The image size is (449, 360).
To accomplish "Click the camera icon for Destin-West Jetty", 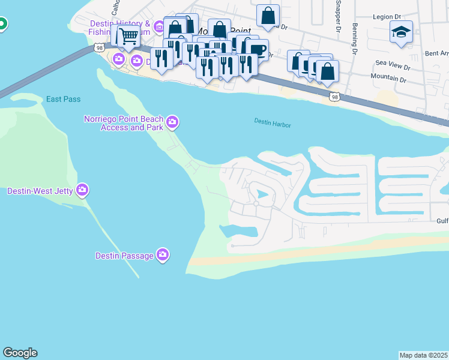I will pos(82,191).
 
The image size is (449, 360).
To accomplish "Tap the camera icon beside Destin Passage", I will pos(163,256).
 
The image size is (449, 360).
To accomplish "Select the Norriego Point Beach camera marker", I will pos(173,122).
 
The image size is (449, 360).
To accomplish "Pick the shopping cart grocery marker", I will pos(128,36).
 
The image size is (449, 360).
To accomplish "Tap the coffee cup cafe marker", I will pos(258,50).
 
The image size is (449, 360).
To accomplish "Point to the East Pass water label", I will pos(63,99).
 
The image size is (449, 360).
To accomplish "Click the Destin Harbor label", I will pos(272,123).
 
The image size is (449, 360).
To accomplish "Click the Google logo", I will pos(20,353).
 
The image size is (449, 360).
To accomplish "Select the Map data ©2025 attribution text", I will pos(424,355).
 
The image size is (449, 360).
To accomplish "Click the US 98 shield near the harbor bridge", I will pos(334,97).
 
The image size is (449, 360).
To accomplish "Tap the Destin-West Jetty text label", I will pos(40,191).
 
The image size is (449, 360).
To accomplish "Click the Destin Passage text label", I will pos(124,256).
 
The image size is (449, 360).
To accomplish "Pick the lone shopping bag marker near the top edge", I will pos(268,15).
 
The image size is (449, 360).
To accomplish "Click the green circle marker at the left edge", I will pos(2,25).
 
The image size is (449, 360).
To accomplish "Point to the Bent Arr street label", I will pos(436,54).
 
